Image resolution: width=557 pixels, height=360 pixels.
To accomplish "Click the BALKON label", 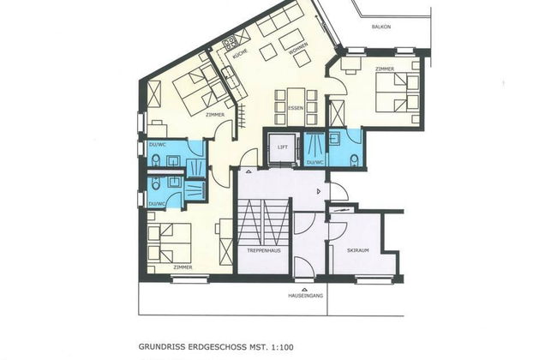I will (381, 27).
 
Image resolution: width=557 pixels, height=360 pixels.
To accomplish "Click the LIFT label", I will (281, 147).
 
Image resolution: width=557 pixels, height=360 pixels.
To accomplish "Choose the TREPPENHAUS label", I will (261, 250).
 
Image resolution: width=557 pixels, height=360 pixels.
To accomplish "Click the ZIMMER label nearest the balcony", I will (383, 67).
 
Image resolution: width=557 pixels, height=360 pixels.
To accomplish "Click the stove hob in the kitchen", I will (230, 42).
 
